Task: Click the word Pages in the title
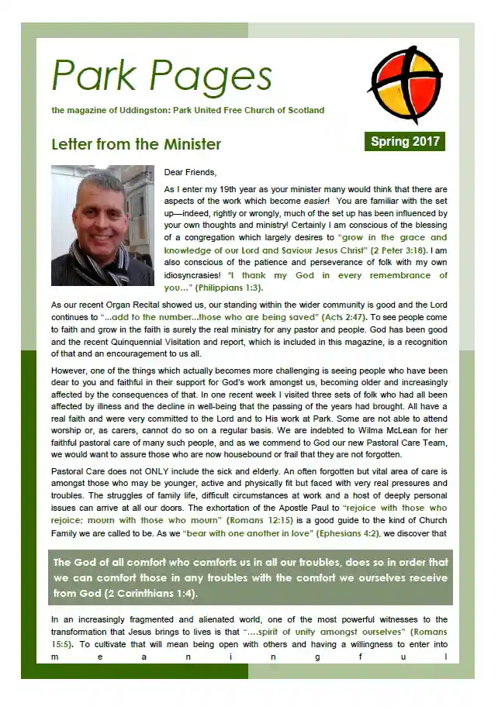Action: (x=211, y=77)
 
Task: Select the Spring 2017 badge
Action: (x=405, y=141)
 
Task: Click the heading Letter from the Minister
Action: (x=136, y=144)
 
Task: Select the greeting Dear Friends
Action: (x=191, y=171)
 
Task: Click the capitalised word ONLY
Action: (x=157, y=471)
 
